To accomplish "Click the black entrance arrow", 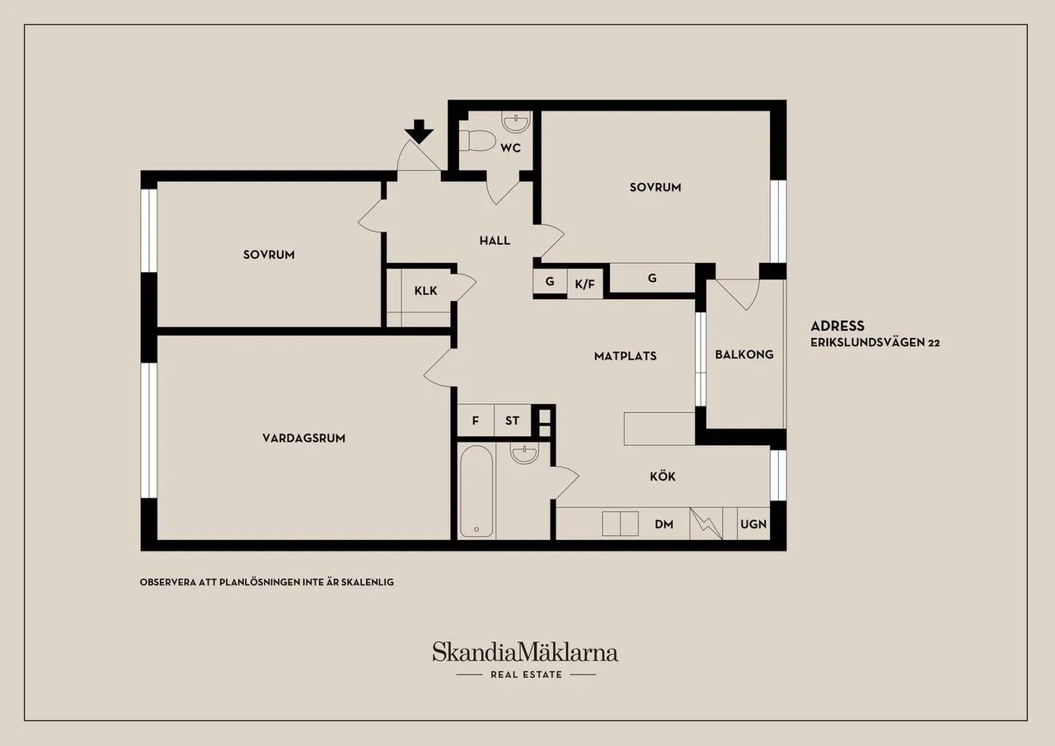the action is [x=420, y=131].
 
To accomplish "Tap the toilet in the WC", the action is [x=477, y=140].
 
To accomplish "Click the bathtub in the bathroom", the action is [x=476, y=491].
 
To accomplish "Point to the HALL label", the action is [x=495, y=241].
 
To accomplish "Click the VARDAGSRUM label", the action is [x=304, y=438].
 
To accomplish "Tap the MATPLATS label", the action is [x=625, y=356].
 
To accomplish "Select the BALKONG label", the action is [x=744, y=354].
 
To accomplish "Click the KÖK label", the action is [x=663, y=476].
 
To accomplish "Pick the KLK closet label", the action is [x=426, y=291].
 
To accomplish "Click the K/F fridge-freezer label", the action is [x=585, y=284].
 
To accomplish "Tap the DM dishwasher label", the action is [x=663, y=524].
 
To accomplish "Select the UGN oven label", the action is [x=753, y=524].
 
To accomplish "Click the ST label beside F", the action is [x=512, y=420].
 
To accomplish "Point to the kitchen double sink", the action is [x=621, y=523].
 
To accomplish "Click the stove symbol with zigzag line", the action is [x=706, y=523].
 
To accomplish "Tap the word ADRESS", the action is [x=837, y=326].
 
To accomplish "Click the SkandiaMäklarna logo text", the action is [x=525, y=653].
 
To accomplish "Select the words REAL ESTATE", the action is [x=526, y=675].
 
